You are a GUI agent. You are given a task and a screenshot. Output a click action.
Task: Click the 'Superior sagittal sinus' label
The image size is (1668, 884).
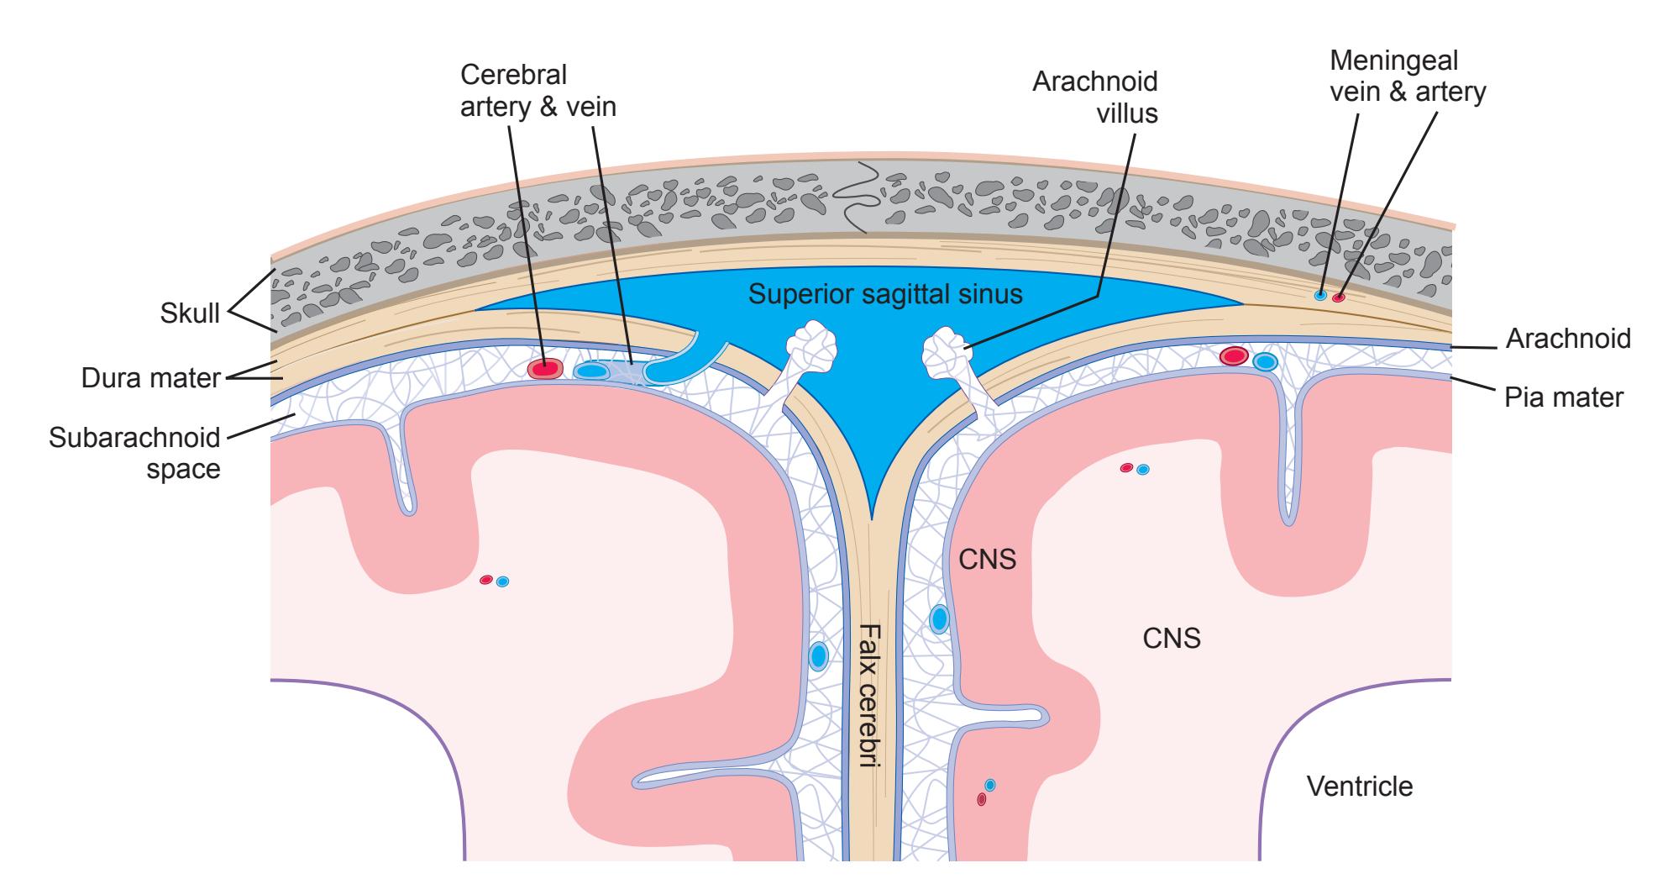(885, 294)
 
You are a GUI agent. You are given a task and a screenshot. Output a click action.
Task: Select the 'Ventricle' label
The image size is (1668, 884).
(1360, 787)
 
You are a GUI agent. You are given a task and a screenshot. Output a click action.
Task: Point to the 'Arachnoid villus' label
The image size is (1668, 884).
(1095, 97)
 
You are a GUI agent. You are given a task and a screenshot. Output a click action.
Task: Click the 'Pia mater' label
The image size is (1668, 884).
(1563, 397)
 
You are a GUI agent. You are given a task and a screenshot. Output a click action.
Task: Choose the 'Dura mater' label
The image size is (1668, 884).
(150, 378)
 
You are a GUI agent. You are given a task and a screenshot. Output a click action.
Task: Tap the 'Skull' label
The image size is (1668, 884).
(190, 313)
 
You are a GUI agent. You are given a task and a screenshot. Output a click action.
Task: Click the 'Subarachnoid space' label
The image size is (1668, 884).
(134, 453)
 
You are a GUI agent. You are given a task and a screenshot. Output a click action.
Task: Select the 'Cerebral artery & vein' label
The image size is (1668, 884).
(538, 91)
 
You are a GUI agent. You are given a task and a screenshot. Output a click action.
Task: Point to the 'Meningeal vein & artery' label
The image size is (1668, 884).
(1407, 76)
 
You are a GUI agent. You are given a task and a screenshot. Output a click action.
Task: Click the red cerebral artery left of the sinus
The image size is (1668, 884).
(545, 368)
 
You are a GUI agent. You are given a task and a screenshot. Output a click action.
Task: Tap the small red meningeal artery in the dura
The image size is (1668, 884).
(1338, 297)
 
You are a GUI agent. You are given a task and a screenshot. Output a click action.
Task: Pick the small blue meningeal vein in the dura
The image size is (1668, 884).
(1320, 296)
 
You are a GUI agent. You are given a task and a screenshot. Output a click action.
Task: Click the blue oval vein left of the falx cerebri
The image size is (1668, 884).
(818, 655)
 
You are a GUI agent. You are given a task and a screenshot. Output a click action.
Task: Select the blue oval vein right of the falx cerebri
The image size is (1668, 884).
(939, 619)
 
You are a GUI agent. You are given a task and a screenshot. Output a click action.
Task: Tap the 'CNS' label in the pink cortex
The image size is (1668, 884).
(987, 559)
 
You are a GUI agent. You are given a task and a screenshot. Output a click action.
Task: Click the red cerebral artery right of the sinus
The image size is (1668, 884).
(1233, 356)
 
